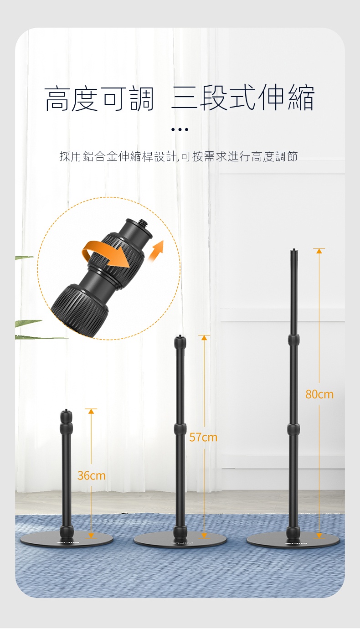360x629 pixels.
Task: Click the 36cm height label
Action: pos(92,476)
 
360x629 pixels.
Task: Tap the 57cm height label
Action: pos(203,437)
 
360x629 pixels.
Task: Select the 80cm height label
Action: pos(319,394)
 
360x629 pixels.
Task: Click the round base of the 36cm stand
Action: pos(67,540)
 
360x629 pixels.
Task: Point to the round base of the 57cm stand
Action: pos(180,540)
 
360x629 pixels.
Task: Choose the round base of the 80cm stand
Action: pos(293,540)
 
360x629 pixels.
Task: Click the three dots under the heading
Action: pos(180,129)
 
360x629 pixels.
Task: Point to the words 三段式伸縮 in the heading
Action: pos(243,98)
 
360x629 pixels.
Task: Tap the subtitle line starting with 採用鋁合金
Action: pos(179,156)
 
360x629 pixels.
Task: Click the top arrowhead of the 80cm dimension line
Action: pos(319,251)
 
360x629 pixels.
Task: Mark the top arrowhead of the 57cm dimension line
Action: pos(204,338)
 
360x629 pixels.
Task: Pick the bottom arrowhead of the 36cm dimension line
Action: pos(91,536)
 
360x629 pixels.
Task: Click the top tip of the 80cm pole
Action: pos(294,249)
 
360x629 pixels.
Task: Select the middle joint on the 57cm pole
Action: pos(180,429)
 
